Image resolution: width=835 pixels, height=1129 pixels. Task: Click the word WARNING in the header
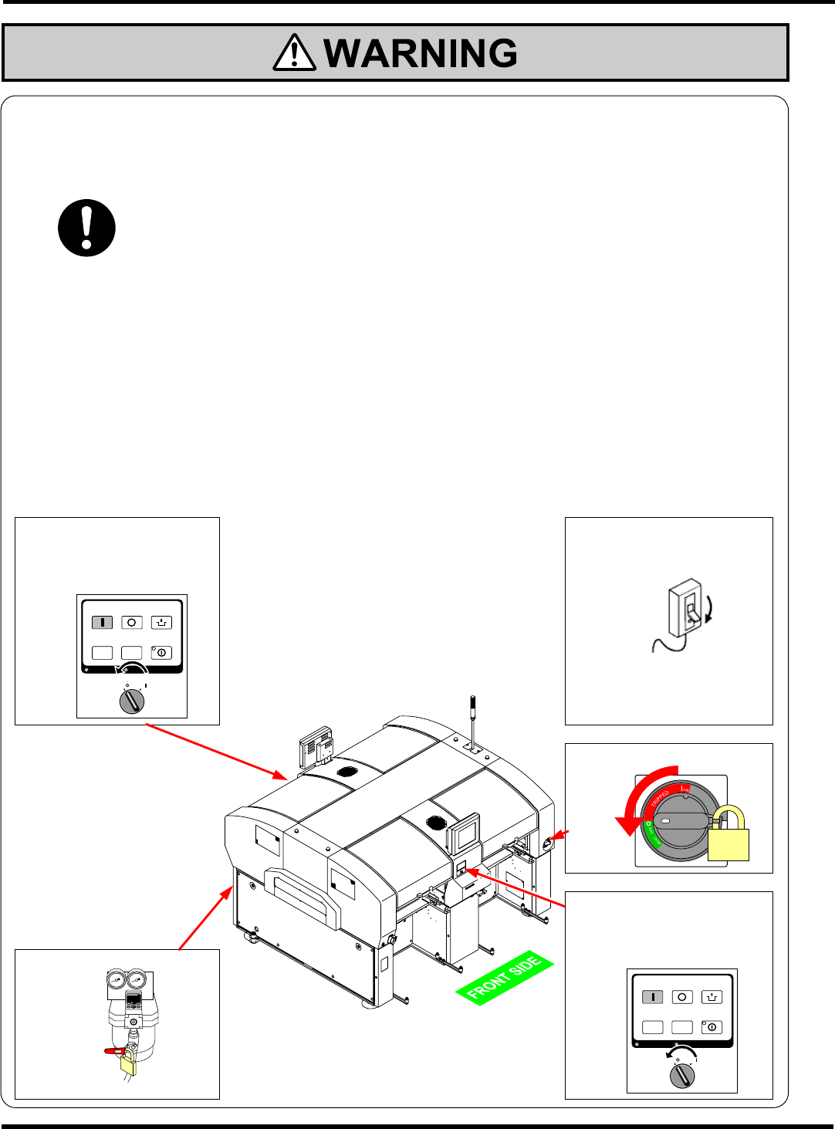click(x=421, y=53)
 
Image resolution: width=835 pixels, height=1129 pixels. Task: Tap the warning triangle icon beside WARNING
click(x=294, y=54)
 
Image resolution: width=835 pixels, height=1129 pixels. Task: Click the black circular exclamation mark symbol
click(x=86, y=228)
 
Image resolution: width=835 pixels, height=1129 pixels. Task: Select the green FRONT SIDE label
click(x=505, y=978)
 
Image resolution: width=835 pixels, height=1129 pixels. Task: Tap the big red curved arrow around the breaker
click(x=641, y=803)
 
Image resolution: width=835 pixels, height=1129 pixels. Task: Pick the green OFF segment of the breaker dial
click(x=652, y=834)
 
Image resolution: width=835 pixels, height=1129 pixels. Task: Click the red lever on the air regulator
click(x=113, y=1050)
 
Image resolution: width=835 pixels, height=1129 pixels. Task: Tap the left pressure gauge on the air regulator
click(x=117, y=980)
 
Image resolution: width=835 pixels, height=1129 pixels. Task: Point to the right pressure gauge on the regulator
click(x=137, y=980)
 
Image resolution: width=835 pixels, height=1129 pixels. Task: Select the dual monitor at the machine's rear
click(x=316, y=745)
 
